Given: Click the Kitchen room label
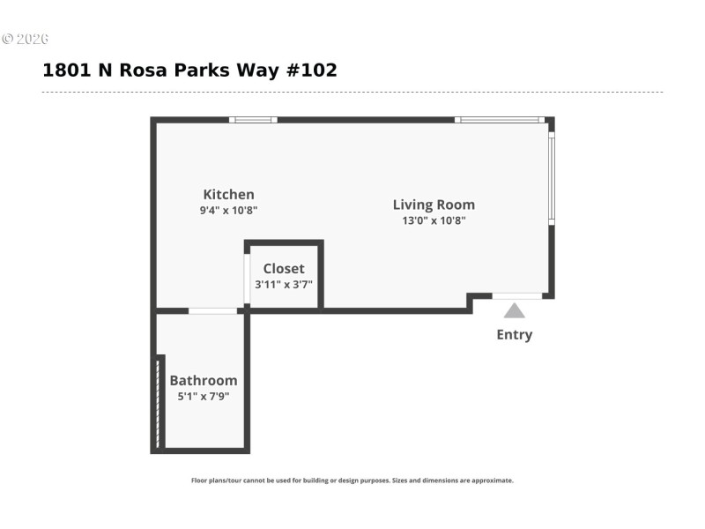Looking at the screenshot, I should [x=228, y=195].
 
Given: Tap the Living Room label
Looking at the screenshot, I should [x=434, y=205].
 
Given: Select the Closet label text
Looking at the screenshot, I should [x=284, y=268].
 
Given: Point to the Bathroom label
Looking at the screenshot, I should [x=204, y=381].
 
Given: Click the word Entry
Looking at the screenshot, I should [x=514, y=335].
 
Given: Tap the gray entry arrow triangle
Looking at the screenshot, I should [x=514, y=310].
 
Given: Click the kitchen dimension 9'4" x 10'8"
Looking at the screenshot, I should [x=228, y=211].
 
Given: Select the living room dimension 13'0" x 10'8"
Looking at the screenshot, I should [x=434, y=220].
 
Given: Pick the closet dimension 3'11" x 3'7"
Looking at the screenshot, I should [x=284, y=285].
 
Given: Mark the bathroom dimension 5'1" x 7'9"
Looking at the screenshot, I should [x=204, y=397].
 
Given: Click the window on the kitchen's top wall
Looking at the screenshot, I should [x=253, y=120].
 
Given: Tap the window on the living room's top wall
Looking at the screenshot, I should [x=500, y=120].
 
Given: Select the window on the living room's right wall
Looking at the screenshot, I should [x=551, y=176].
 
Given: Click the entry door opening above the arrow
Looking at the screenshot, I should [x=516, y=295].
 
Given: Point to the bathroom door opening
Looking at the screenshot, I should [x=212, y=310].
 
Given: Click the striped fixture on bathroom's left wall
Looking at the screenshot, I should [x=159, y=401].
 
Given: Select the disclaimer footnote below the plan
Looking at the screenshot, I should [x=352, y=481].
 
